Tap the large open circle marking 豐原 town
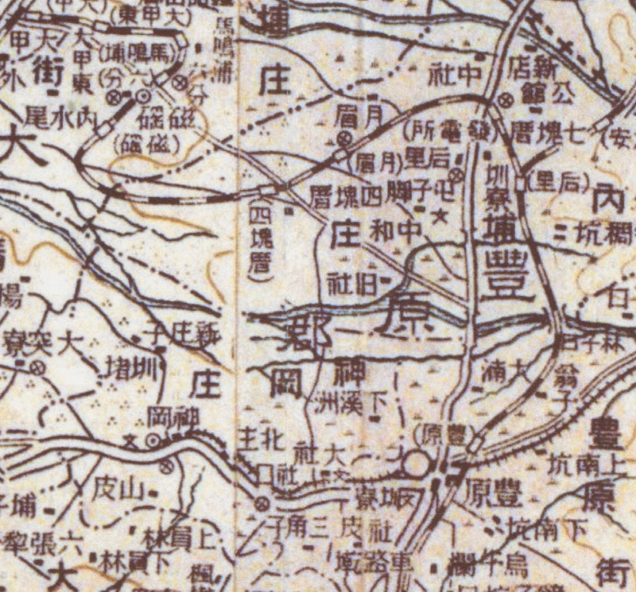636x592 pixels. [x=417, y=463]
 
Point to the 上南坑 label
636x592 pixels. [x=581, y=461]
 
